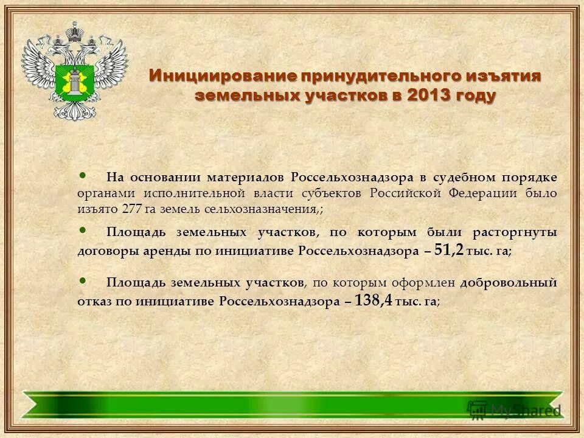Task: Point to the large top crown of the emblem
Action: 75,30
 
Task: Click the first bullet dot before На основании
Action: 83,176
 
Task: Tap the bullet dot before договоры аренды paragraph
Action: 83,230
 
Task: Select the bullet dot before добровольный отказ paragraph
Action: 83,280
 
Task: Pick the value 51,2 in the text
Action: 449,249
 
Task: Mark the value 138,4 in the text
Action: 374,300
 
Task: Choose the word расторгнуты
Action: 519,232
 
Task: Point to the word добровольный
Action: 508,283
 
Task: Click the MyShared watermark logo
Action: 514,409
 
